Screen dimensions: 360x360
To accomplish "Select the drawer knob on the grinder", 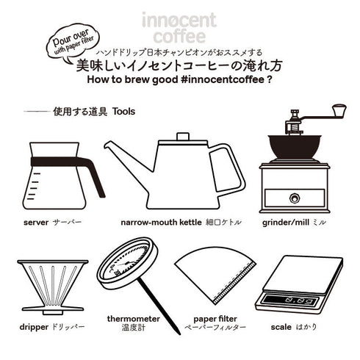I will (295, 197).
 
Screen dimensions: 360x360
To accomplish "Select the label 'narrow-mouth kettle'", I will (160, 220).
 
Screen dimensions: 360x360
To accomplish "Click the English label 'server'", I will (36, 220).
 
